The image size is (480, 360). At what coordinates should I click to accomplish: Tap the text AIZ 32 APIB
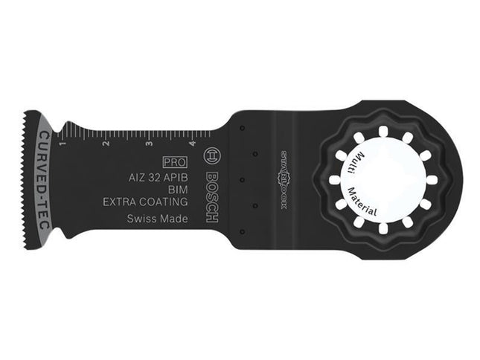[x=153, y=176]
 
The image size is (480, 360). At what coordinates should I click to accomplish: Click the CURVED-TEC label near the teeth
[x=43, y=179]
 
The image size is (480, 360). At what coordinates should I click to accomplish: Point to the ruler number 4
[x=192, y=143]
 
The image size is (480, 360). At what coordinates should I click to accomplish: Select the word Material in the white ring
[x=373, y=198]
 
